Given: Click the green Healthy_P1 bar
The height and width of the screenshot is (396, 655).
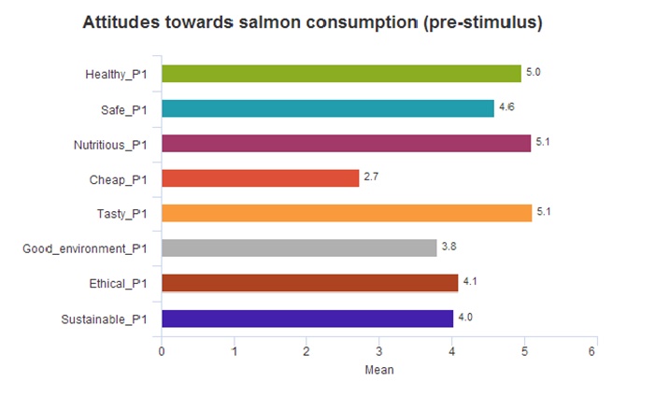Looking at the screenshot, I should point(341,74).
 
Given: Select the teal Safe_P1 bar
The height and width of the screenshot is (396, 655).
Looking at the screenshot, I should point(327,108).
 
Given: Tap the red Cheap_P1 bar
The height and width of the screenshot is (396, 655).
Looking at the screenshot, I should point(260,177).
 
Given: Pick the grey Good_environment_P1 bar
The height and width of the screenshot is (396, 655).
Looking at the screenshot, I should point(299,247).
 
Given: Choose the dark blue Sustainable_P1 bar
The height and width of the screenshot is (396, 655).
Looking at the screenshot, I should point(307,318).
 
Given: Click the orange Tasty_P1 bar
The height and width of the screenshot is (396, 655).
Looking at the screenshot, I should point(346,213).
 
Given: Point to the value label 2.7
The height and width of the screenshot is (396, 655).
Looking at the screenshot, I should point(370,177).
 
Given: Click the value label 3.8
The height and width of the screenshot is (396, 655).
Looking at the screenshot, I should point(449,247).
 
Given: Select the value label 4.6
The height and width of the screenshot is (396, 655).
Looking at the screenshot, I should point(506,108).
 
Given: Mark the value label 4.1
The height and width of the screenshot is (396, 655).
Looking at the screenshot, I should point(470,282).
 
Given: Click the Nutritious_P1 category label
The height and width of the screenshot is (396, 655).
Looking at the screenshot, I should point(111,144).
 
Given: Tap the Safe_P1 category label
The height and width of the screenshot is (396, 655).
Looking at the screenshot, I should point(124,109).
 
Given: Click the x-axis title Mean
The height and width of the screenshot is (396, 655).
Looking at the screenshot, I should point(378,370).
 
